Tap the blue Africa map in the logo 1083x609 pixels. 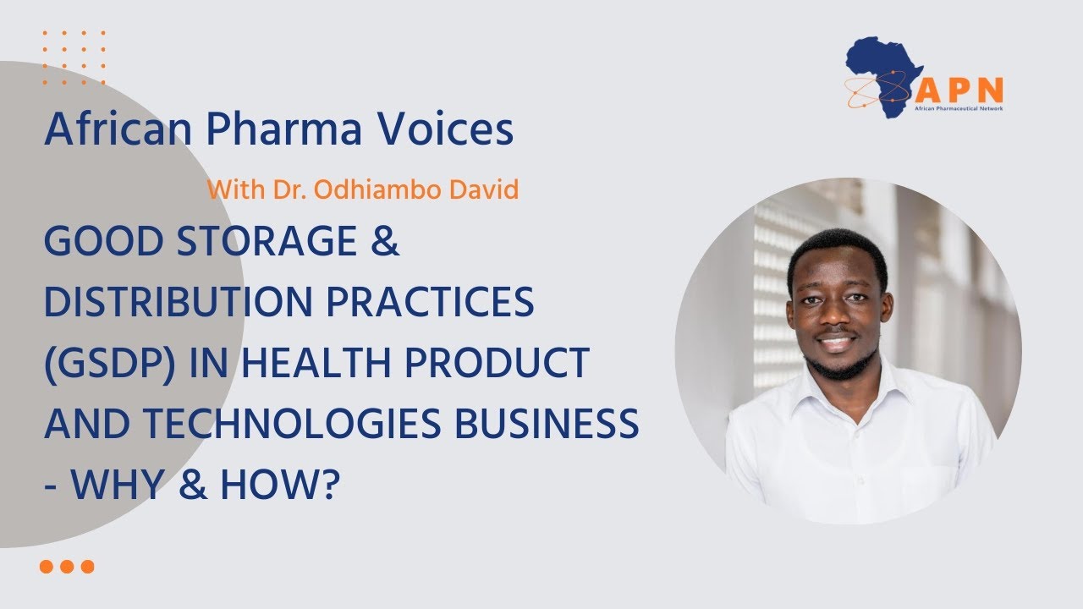(884, 72)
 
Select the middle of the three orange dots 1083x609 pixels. (67, 567)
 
